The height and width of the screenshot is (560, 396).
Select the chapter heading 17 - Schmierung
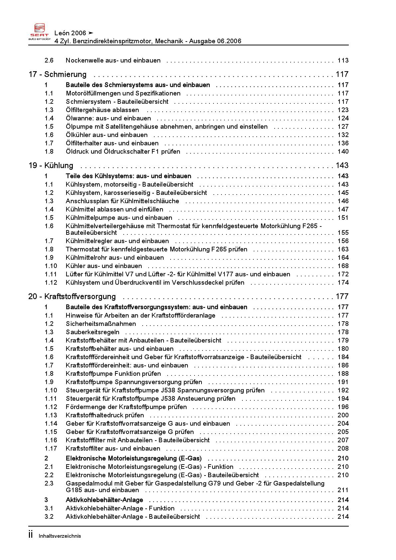[58, 74]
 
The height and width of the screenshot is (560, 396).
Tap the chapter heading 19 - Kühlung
[51, 165]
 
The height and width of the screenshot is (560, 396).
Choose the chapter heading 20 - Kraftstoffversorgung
[72, 296]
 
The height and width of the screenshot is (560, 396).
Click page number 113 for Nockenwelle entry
[343, 60]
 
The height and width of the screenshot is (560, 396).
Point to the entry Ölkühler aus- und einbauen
[106, 135]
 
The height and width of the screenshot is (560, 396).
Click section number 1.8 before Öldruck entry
[49, 151]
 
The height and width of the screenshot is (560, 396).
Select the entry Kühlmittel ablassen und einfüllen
[114, 209]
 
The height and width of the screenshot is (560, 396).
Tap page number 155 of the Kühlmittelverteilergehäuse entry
[343, 232]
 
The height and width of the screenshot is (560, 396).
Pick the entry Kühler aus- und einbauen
[104, 266]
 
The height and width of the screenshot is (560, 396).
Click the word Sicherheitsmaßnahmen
[101, 324]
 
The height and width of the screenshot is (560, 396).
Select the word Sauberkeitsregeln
[92, 332]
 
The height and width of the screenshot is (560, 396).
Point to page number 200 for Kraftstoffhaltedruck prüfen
[343, 415]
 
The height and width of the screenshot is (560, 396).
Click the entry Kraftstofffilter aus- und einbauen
[113, 448]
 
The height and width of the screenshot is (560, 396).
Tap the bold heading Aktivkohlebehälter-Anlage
[104, 500]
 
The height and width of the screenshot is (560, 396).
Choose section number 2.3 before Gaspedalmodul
[49, 483]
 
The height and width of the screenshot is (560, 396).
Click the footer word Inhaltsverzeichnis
[60, 536]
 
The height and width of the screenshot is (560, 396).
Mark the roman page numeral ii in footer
[31, 535]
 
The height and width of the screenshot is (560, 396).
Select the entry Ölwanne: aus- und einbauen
[108, 118]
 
